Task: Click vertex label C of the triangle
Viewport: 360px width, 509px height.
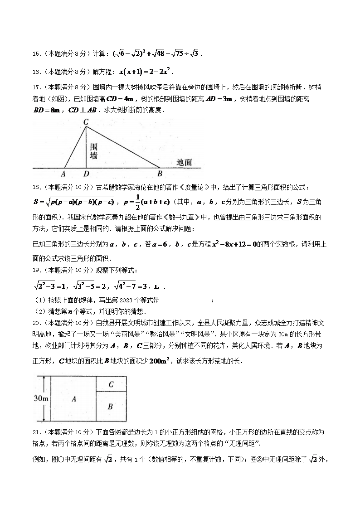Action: [86, 121]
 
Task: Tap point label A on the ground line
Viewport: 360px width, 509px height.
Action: [63, 173]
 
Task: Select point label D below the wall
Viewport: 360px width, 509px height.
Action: [86, 173]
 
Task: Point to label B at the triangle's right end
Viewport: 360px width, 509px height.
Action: [160, 173]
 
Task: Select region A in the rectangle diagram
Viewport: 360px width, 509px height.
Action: [73, 399]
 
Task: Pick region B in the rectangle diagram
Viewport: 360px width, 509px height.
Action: [110, 407]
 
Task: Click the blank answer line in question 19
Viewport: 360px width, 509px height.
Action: [185, 300]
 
